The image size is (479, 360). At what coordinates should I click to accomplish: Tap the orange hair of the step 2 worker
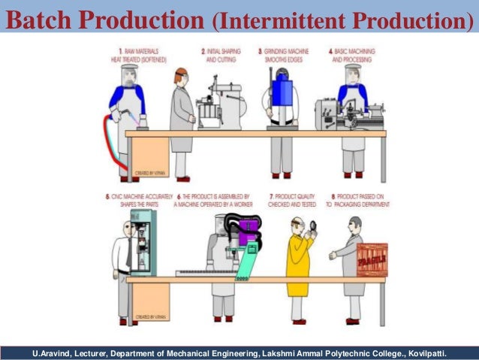(178, 76)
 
